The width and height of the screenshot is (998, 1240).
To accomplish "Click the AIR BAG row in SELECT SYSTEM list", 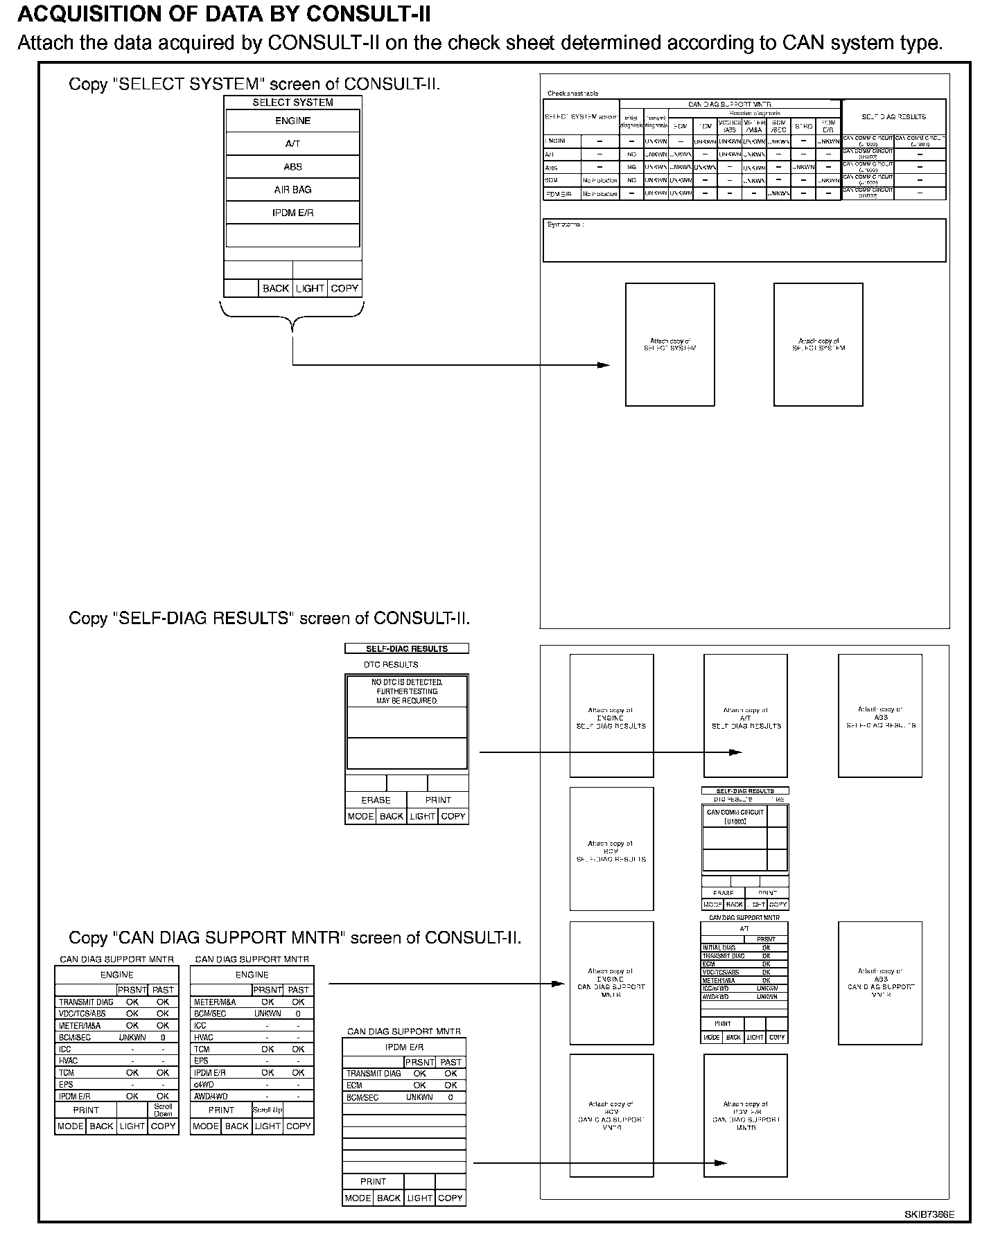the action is [x=292, y=190].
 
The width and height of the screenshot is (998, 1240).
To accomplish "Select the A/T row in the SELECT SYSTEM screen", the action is [x=292, y=144].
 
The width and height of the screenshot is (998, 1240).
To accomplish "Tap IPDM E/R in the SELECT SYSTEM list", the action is [x=292, y=213].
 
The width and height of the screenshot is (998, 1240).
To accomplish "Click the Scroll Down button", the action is [x=163, y=1110].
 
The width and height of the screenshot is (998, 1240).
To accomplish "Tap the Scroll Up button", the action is [x=267, y=1110].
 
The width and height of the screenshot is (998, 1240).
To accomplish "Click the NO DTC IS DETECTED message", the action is [x=407, y=691].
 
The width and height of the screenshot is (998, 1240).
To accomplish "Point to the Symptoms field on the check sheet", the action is [x=744, y=240].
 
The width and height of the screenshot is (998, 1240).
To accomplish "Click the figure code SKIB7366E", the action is [x=929, y=1214].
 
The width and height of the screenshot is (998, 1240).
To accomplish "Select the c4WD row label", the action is [x=204, y=1085].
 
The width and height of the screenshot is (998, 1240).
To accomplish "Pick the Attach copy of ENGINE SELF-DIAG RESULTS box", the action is [x=611, y=716].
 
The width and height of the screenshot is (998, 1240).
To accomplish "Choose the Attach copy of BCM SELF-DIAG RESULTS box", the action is [x=611, y=849].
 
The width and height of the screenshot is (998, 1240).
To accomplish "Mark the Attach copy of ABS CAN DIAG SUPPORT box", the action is [x=879, y=982].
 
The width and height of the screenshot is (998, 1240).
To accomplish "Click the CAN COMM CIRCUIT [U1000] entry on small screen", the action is [x=735, y=817].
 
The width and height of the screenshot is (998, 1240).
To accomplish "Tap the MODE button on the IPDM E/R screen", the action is [x=358, y=1198].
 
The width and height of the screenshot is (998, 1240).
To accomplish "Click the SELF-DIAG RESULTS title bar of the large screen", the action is [x=407, y=649].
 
